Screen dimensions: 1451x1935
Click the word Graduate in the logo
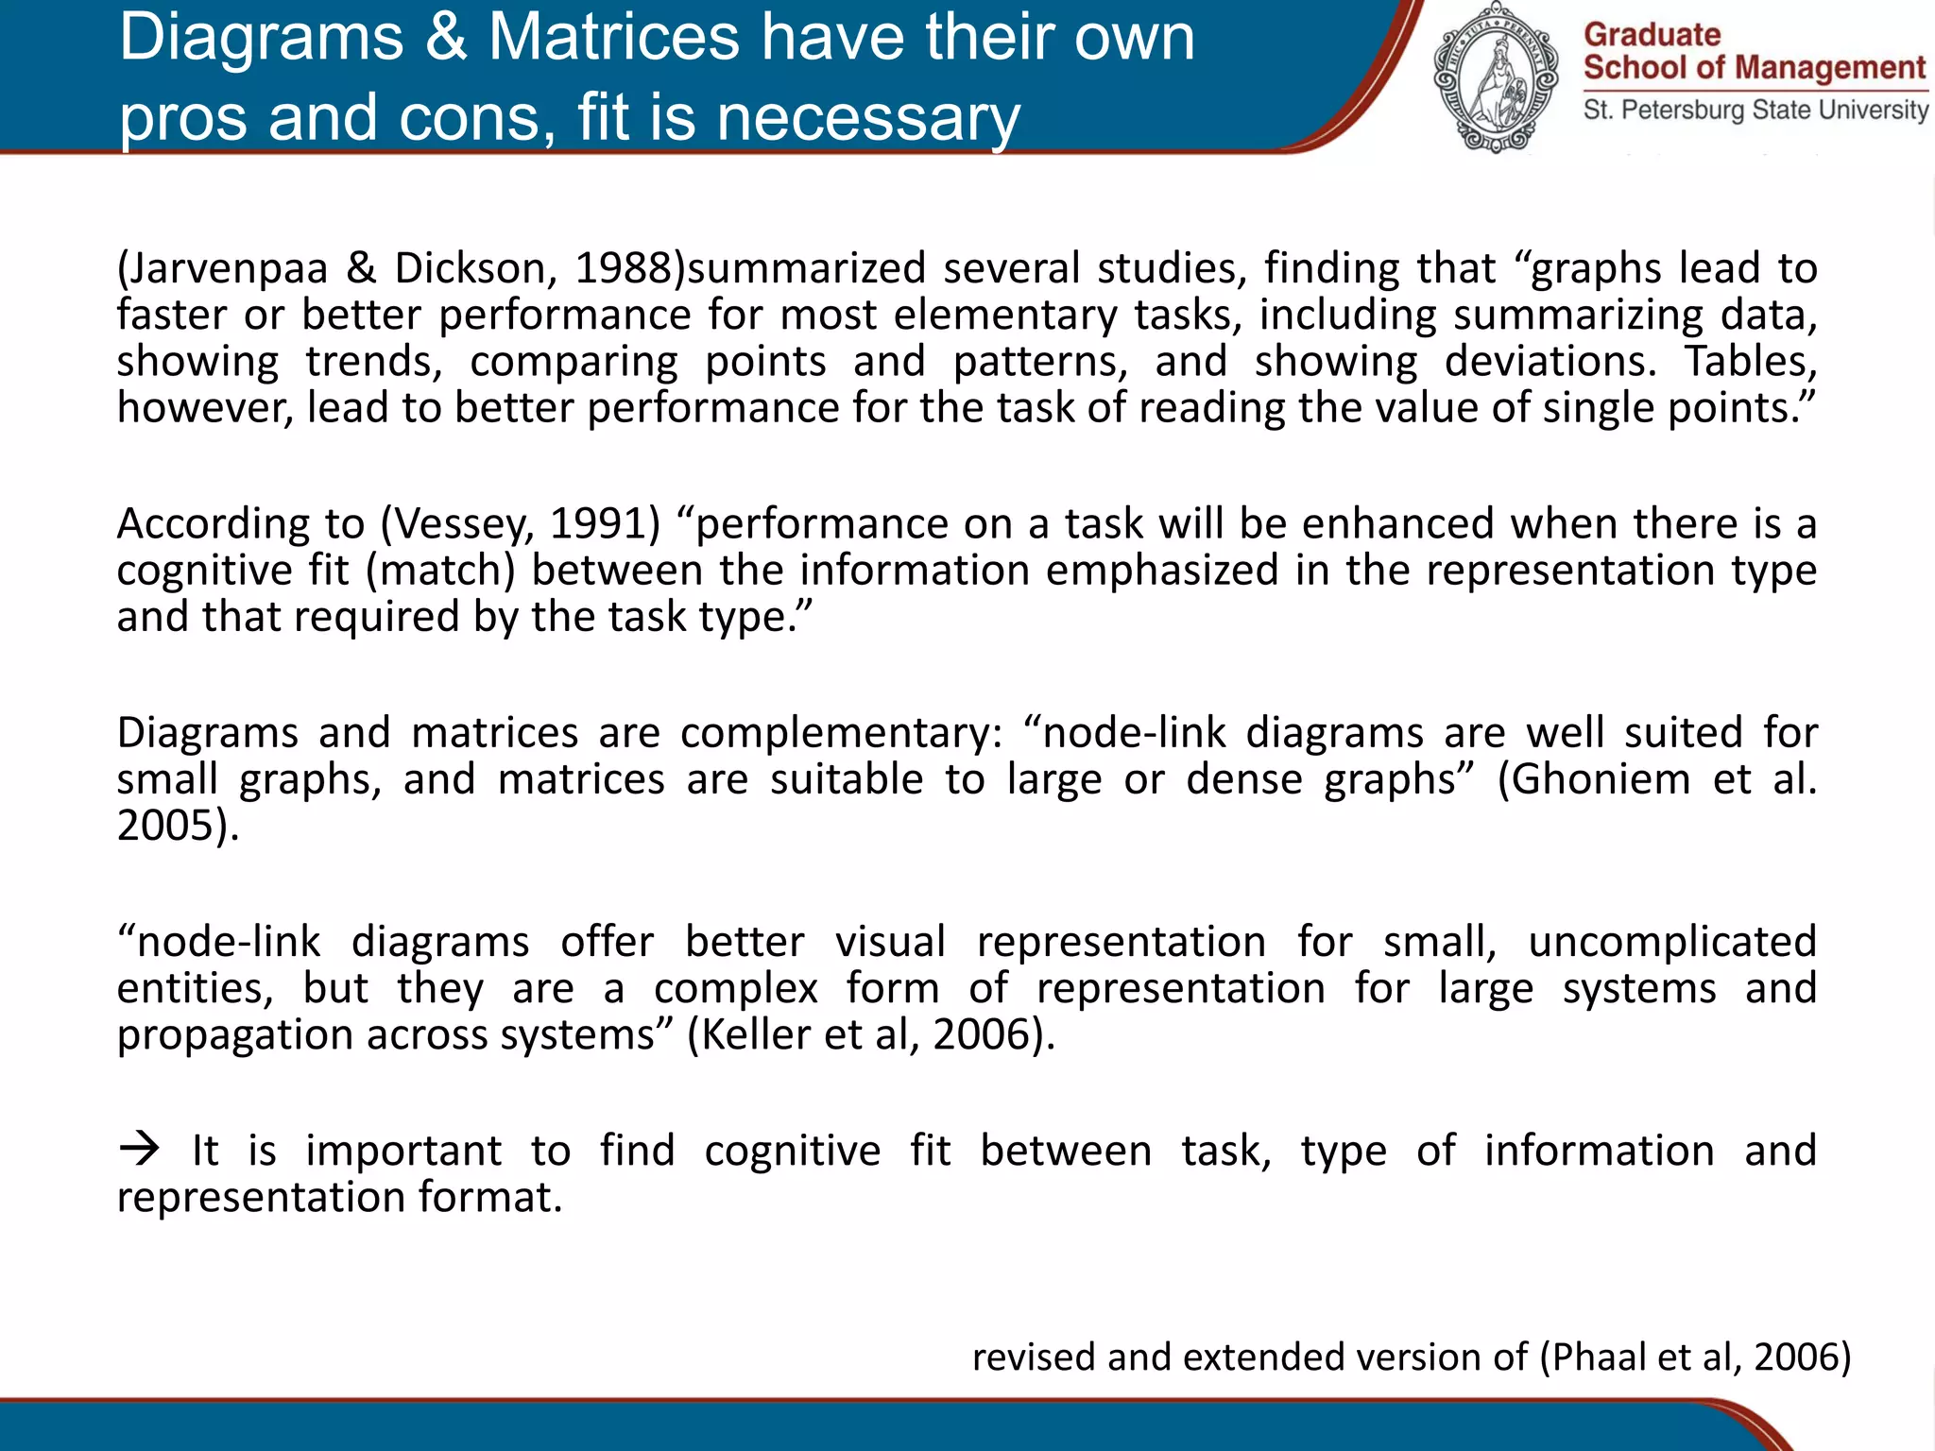click(1652, 35)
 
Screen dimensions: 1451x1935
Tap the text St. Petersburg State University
click(1755, 110)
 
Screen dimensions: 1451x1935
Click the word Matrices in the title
click(614, 38)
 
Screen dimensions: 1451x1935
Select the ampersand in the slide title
click(446, 38)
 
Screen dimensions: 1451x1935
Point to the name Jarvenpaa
click(227, 269)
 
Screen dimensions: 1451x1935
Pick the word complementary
click(840, 734)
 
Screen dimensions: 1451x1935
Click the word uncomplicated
click(1672, 943)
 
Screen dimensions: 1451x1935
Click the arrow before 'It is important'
click(140, 1150)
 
